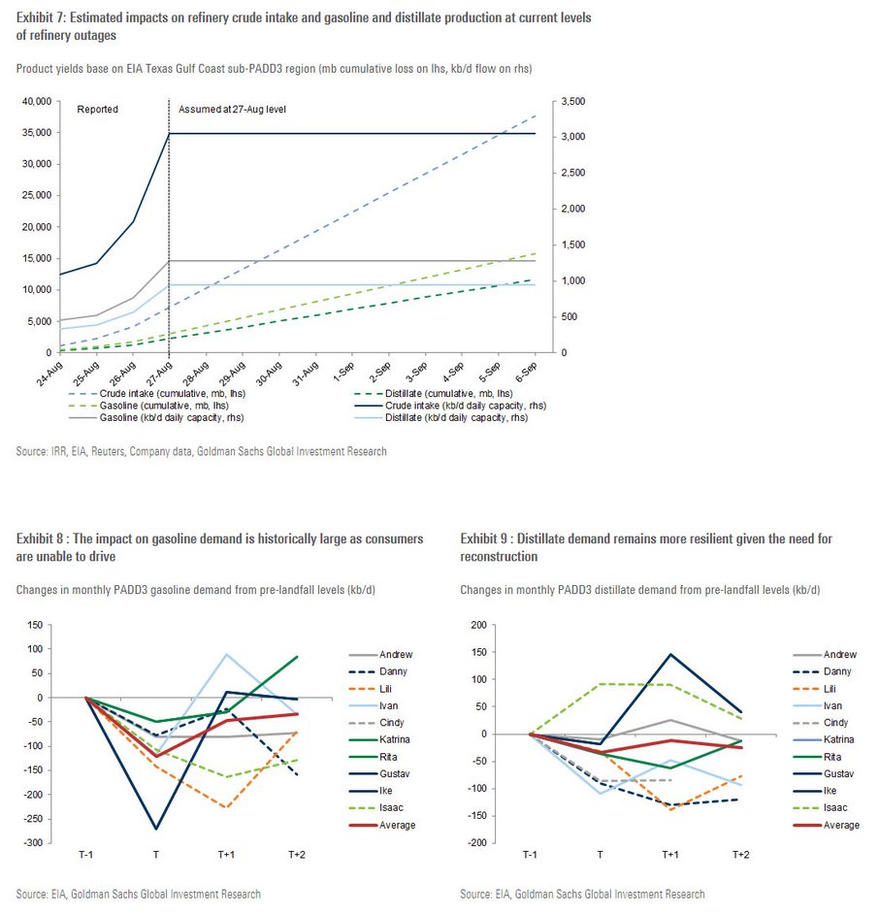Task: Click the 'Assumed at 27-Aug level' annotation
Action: point(232,110)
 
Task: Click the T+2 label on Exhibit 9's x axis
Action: point(740,856)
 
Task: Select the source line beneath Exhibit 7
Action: point(202,451)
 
